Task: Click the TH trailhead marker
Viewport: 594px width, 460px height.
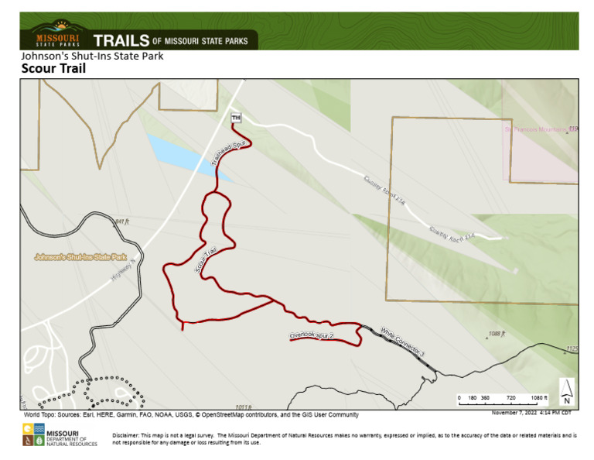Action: pos(236,117)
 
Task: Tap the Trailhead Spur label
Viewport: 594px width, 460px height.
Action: pos(223,155)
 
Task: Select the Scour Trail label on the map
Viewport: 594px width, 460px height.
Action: pos(205,258)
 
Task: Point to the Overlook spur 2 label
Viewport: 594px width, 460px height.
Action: pos(311,336)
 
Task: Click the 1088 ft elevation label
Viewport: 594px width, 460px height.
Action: pos(497,335)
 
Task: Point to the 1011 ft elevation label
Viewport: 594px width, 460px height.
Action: pos(244,407)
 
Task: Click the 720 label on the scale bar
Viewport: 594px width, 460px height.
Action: pos(510,397)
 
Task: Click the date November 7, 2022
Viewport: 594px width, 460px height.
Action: pos(515,413)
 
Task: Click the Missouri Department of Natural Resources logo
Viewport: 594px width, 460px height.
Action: pos(60,438)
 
